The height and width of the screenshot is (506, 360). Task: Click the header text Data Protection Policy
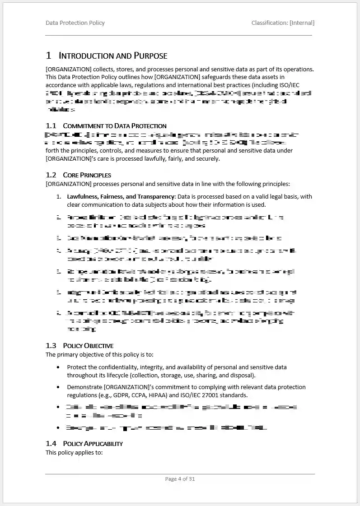point(75,23)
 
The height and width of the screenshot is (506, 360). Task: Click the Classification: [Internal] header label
point(283,23)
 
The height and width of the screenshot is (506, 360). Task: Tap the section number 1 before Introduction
point(48,56)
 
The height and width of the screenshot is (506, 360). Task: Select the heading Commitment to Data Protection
point(114,126)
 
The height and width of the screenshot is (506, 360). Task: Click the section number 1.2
point(51,175)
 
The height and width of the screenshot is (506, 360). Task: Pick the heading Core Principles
point(87,175)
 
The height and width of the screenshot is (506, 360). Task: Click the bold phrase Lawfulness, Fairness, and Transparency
point(121,197)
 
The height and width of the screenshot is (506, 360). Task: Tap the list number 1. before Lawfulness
point(59,197)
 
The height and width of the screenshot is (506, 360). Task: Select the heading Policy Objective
point(88,346)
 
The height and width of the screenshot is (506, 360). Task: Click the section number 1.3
point(51,346)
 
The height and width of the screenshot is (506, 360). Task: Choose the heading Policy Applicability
point(93,444)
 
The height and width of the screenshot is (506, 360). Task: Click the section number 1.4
point(51,444)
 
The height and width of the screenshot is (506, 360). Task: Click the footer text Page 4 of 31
point(180,479)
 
